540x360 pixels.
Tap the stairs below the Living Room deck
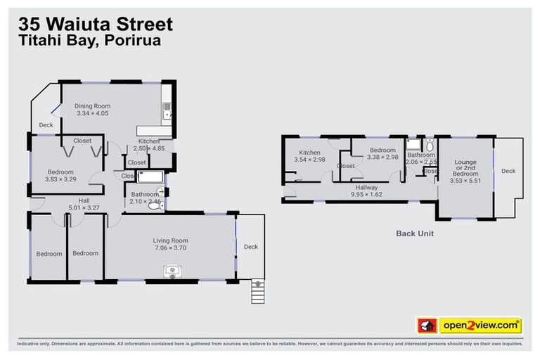click(x=259, y=290)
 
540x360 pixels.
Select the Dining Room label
click(x=93, y=110)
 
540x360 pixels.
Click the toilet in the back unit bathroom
click(x=430, y=146)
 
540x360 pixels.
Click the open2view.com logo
click(x=480, y=326)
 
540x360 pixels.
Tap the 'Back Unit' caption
click(x=414, y=233)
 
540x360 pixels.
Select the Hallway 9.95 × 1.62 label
click(x=366, y=191)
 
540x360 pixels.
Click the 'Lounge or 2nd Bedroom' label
click(x=465, y=171)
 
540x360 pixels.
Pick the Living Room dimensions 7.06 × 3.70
click(x=170, y=248)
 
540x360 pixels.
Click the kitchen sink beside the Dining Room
click(x=167, y=110)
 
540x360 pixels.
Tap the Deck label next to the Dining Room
click(x=46, y=125)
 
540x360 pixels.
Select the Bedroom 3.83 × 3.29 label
click(x=60, y=176)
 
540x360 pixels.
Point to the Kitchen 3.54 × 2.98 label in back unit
click(x=309, y=156)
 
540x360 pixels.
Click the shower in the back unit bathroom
click(x=414, y=145)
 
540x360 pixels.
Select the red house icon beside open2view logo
click(x=427, y=326)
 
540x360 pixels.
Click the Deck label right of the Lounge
click(x=508, y=171)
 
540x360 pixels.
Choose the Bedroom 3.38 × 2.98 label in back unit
click(x=382, y=153)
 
